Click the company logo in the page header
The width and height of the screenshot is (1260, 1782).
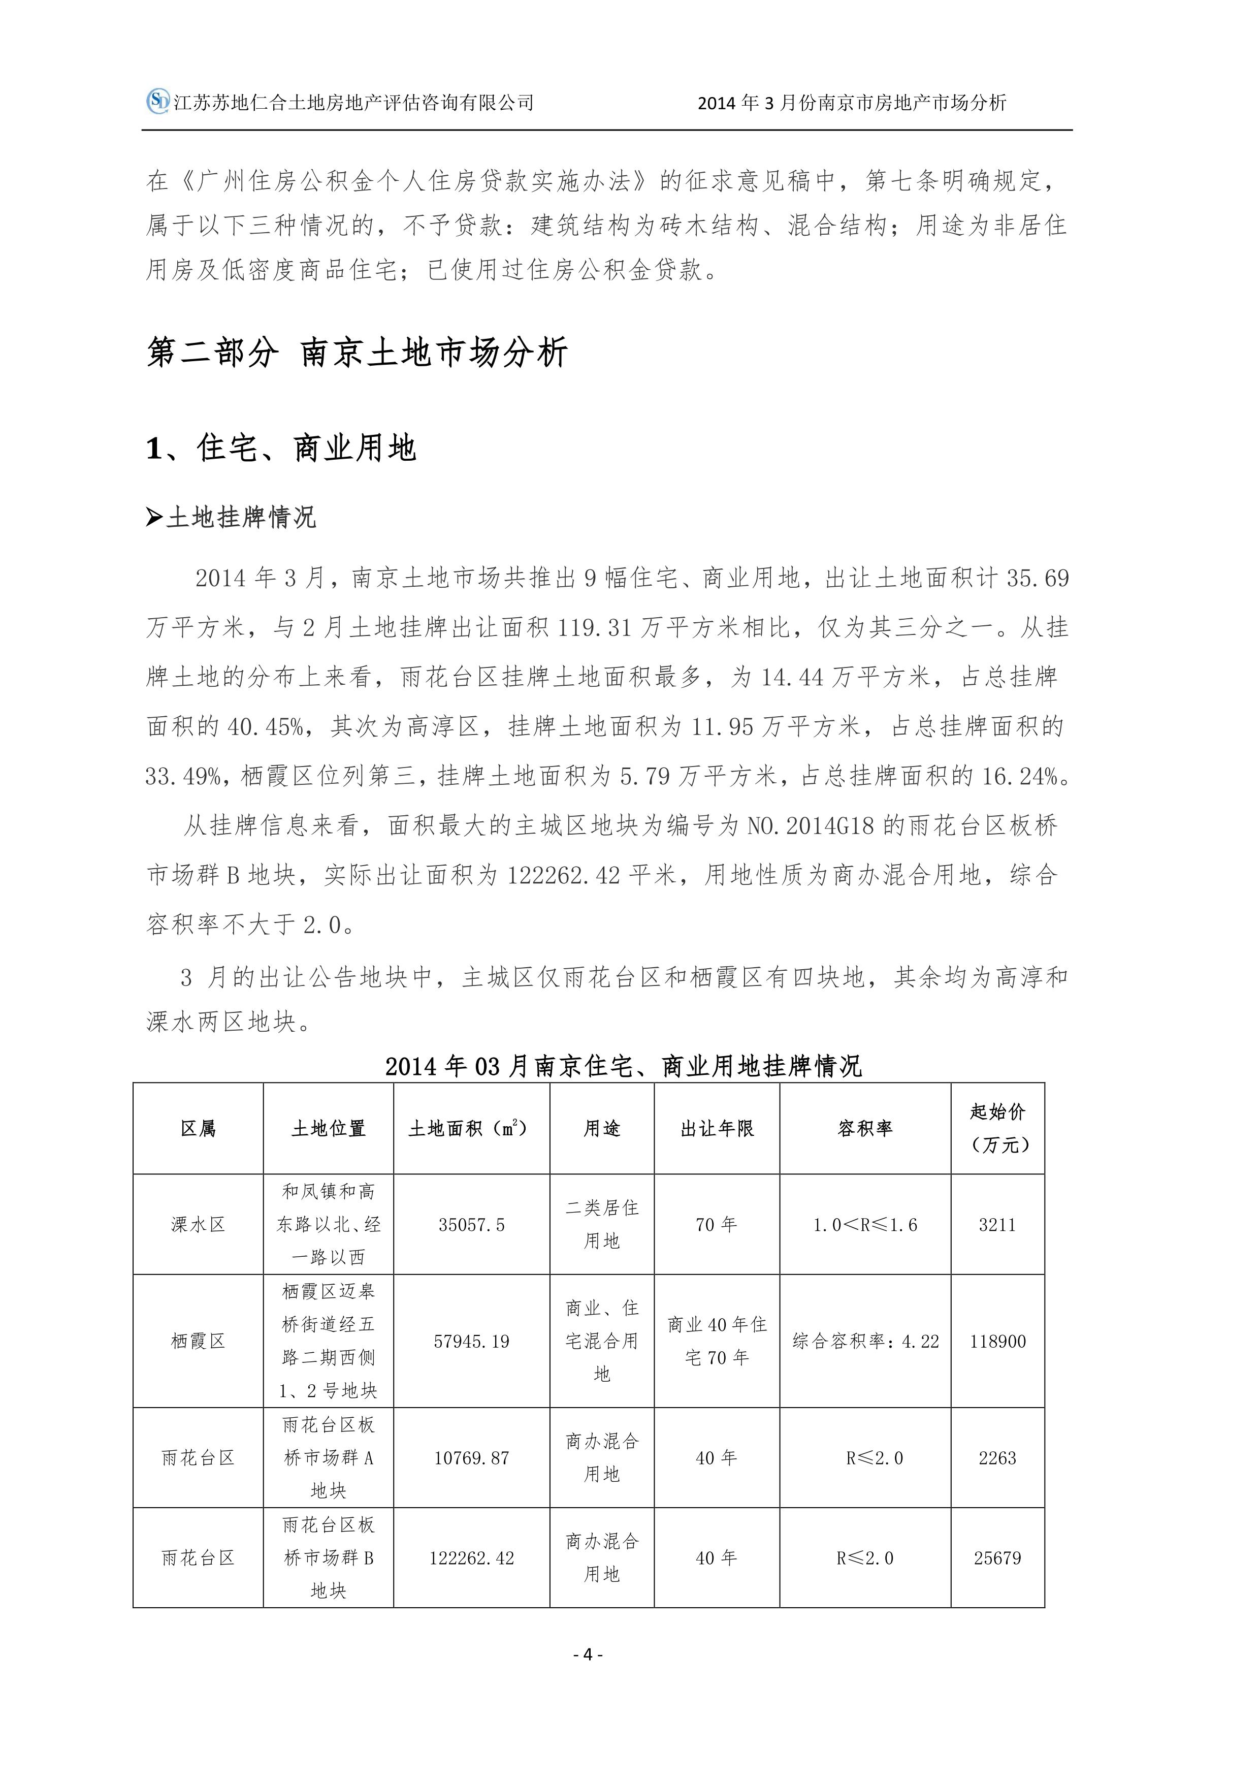158,101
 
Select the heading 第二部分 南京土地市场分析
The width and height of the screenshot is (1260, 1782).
357,353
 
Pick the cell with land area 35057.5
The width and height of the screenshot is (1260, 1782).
472,1225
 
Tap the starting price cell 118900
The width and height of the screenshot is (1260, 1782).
998,1341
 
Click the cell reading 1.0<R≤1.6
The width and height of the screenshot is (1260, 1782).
865,1225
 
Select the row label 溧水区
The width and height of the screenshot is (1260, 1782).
198,1225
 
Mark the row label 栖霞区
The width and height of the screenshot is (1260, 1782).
198,1341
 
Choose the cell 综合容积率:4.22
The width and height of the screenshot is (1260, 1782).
865,1341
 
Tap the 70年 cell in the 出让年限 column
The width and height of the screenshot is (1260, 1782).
716,1225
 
